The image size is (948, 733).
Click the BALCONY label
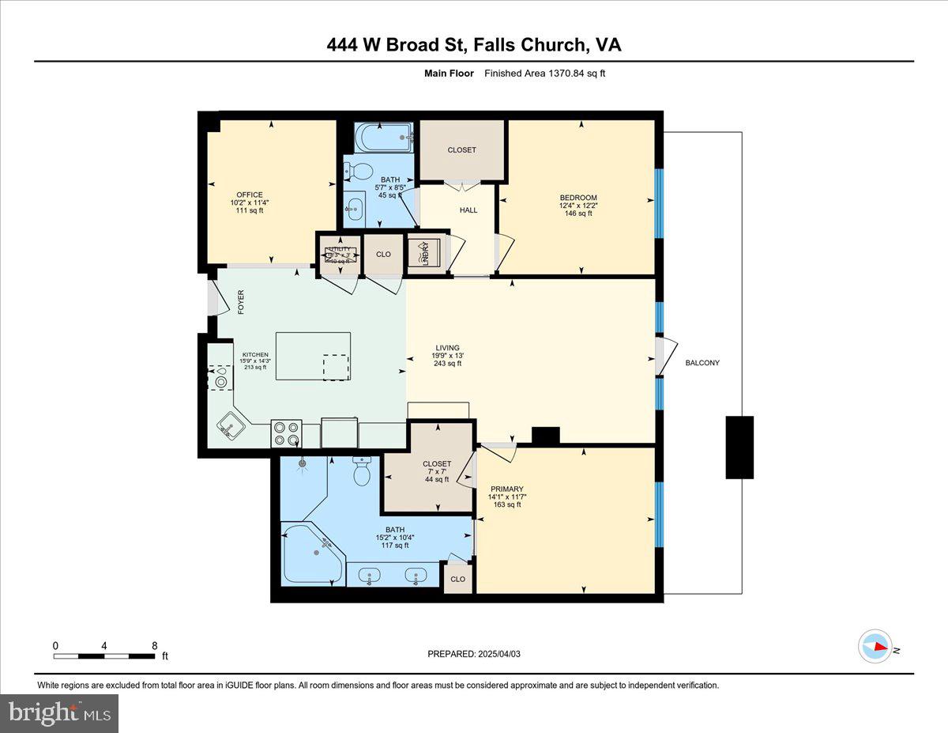point(702,363)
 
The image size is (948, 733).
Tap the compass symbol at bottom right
point(875,646)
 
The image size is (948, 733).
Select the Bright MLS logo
point(60,713)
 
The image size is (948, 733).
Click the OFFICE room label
point(249,195)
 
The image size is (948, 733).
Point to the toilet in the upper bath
point(360,170)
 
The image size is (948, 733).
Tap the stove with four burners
point(286,433)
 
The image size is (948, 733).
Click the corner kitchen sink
point(230,428)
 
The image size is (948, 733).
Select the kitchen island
point(313,356)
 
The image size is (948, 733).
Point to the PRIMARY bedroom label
point(506,489)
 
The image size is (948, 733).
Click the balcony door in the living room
point(665,355)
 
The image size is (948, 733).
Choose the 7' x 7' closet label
point(436,471)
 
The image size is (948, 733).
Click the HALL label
point(468,210)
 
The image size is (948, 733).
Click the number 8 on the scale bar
point(154,645)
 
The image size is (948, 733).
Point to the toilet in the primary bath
point(363,472)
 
